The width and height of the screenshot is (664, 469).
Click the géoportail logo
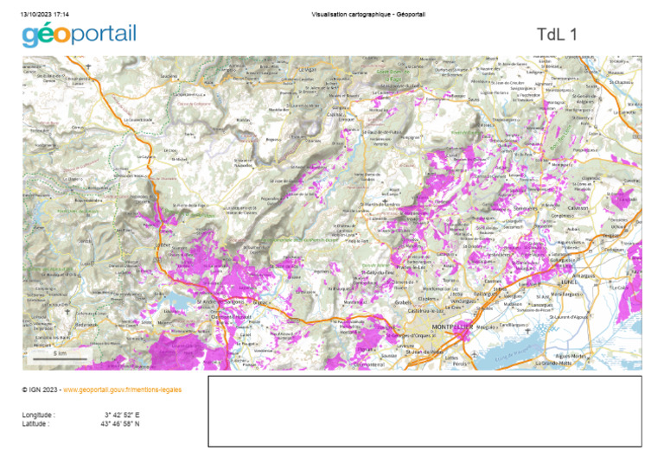[79, 35]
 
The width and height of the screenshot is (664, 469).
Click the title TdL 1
[556, 35]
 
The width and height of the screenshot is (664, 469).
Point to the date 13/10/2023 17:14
[45, 15]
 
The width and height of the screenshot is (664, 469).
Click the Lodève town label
[163, 244]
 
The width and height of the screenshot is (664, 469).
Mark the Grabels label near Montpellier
[403, 302]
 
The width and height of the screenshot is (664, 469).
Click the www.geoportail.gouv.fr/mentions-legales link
[122, 390]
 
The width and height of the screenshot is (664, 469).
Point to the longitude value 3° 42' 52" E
[121, 415]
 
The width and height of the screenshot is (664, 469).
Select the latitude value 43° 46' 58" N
[119, 423]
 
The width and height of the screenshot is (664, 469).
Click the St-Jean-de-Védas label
[425, 351]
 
